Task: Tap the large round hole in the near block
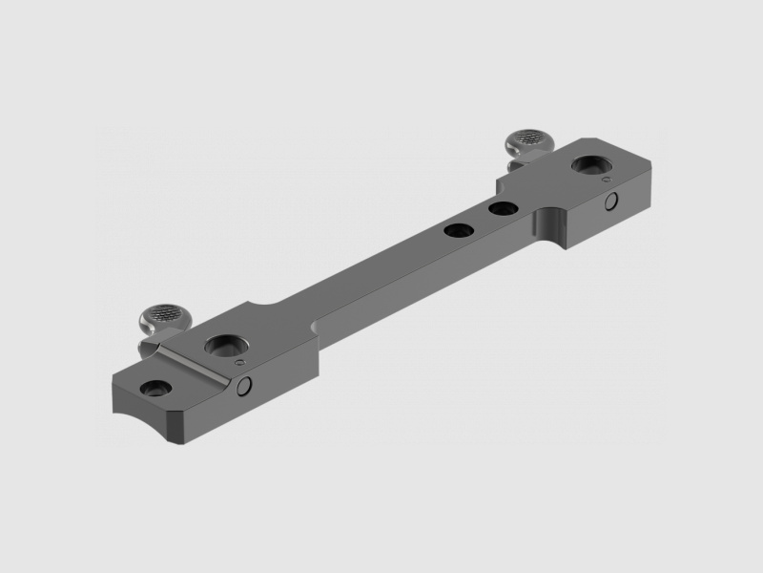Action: [x=227, y=345]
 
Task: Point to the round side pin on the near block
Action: [x=245, y=385]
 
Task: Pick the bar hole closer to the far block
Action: [x=502, y=207]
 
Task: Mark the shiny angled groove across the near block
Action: [x=196, y=364]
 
